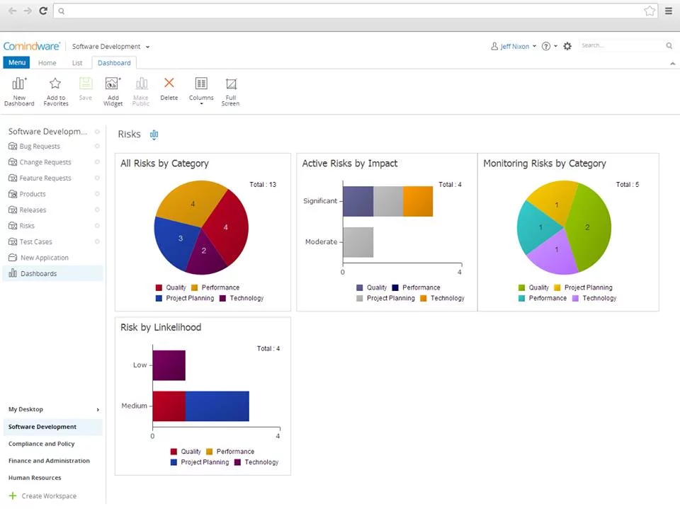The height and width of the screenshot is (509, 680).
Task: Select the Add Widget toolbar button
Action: pyautogui.click(x=113, y=91)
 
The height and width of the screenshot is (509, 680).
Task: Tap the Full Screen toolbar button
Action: pyautogui.click(x=230, y=91)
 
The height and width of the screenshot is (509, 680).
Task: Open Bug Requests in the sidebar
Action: pyautogui.click(x=40, y=147)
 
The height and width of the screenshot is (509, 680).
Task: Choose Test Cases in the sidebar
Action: pyautogui.click(x=35, y=242)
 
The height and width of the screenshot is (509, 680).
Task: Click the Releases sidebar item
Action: pyautogui.click(x=33, y=210)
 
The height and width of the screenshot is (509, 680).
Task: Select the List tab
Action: pyautogui.click(x=77, y=63)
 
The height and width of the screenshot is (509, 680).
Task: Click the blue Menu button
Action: pyautogui.click(x=16, y=63)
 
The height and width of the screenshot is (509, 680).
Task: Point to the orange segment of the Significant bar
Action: pyautogui.click(x=418, y=201)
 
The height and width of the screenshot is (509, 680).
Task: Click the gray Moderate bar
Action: pyautogui.click(x=358, y=242)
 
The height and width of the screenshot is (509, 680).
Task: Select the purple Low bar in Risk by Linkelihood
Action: pyautogui.click(x=169, y=365)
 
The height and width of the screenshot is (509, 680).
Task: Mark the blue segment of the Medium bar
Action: pyautogui.click(x=217, y=406)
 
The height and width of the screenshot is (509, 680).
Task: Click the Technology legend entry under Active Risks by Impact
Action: pyautogui.click(x=447, y=298)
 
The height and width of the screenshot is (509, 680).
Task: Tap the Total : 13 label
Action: pyautogui.click(x=263, y=185)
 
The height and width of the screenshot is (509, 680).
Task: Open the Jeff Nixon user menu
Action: pyautogui.click(x=514, y=46)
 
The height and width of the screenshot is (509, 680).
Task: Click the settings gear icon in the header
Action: pyautogui.click(x=567, y=46)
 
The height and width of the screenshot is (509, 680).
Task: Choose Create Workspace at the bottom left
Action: pyautogui.click(x=48, y=496)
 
